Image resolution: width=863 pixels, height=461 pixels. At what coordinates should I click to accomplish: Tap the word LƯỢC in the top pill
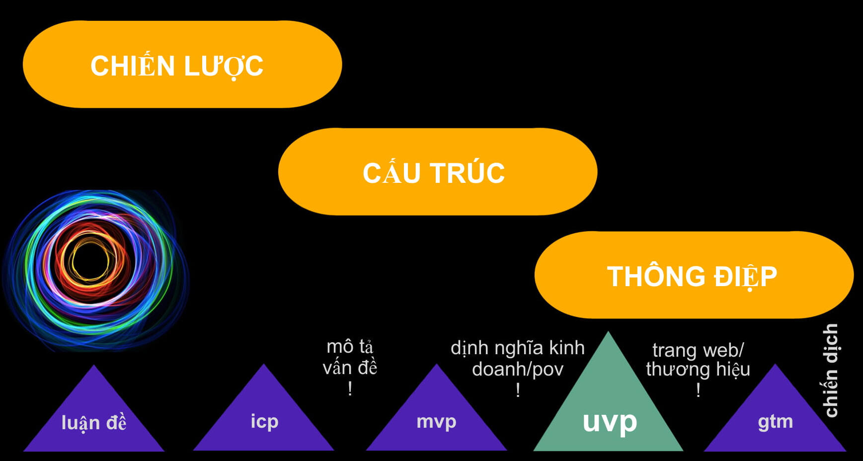point(223,66)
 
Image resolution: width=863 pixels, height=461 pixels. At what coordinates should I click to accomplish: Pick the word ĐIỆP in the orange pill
point(745,277)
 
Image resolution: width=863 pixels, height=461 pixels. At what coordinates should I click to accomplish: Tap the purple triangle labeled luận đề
point(94,417)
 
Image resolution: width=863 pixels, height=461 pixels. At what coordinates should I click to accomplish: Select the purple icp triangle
point(264,417)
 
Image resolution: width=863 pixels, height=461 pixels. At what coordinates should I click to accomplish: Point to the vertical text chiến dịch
point(831,371)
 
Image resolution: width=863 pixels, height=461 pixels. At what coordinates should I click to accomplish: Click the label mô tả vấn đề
point(350,357)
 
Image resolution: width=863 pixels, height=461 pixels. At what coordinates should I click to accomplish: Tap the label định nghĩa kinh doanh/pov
point(518,358)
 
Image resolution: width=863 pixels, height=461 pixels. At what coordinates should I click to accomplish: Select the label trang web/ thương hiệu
point(698,360)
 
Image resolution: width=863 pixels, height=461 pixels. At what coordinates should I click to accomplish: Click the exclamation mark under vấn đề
point(350,388)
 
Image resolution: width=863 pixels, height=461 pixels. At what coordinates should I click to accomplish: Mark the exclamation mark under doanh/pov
point(518,390)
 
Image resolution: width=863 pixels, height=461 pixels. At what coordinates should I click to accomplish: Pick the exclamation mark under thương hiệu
point(698,390)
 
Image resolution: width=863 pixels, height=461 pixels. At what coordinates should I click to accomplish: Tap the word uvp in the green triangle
point(610,422)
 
